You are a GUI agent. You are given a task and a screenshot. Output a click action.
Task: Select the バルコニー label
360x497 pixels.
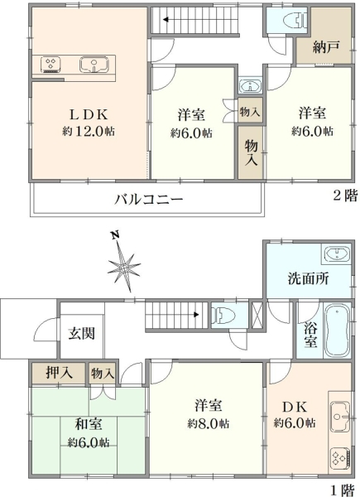[x=148, y=200]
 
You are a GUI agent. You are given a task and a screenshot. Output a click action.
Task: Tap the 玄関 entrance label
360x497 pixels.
[x=81, y=335]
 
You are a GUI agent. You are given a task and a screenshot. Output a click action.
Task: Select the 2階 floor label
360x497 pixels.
[x=346, y=195]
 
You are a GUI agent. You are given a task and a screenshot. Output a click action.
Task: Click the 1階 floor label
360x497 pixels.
[x=346, y=490]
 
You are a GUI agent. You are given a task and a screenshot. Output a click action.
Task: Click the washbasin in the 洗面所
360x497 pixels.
[x=335, y=254]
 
